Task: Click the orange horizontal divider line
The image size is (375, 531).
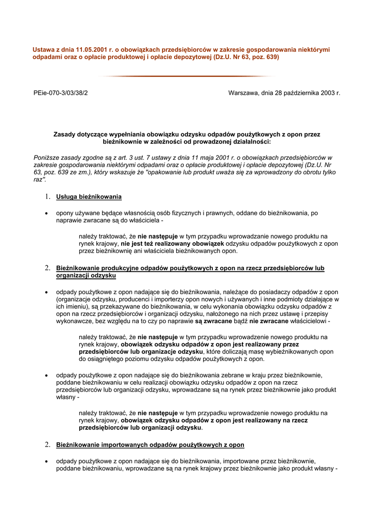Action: coord(187,76)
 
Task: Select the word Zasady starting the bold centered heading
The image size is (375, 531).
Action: coord(65,134)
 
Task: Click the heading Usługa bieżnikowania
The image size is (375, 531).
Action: coord(89,197)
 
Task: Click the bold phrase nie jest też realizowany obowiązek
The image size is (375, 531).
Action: coord(172,243)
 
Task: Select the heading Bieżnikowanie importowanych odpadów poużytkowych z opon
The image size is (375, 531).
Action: coord(150,445)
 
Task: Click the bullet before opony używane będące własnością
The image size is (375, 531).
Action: coord(47,213)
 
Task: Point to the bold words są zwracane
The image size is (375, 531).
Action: coord(213,321)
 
